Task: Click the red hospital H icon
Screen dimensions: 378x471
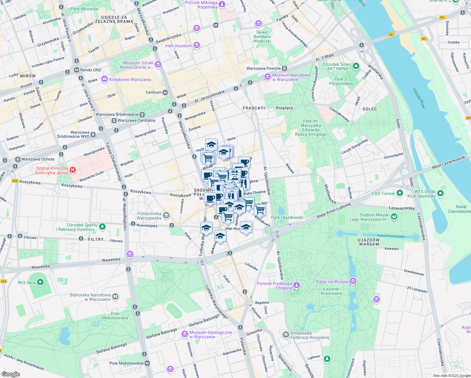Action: [x=73, y=170]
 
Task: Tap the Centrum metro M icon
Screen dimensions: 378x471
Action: [x=165, y=92]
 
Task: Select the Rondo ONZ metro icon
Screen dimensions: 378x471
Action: [x=77, y=70]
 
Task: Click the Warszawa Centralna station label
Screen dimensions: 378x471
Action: [x=136, y=120]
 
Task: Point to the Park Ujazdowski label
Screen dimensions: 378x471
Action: [x=287, y=217]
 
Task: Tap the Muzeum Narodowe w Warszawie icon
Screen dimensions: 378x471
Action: [x=267, y=77]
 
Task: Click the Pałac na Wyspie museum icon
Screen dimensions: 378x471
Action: [x=353, y=281]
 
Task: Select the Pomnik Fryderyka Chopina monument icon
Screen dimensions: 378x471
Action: [x=296, y=286]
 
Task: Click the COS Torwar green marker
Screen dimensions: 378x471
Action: [x=400, y=193]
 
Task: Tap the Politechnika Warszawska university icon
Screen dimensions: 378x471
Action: [x=166, y=215]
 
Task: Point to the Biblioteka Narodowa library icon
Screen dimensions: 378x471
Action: [x=115, y=296]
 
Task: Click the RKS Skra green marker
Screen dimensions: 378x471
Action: [x=40, y=282]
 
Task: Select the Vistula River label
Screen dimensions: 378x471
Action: [x=419, y=98]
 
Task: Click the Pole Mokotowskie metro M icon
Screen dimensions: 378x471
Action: [x=147, y=363]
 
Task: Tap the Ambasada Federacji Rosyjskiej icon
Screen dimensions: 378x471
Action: [x=286, y=335]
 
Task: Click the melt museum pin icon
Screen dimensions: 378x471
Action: [x=197, y=46]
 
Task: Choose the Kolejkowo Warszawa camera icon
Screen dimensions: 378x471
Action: [x=105, y=79]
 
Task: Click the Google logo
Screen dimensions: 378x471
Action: [x=11, y=374]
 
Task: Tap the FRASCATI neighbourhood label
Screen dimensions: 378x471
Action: [x=254, y=108]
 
